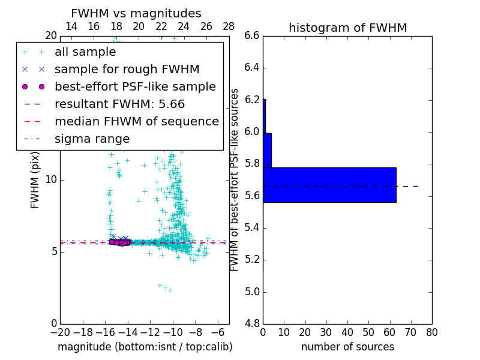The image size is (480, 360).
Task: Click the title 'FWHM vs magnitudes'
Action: click(136, 14)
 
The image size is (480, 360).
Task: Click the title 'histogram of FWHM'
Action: click(347, 28)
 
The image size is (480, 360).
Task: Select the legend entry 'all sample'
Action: click(85, 52)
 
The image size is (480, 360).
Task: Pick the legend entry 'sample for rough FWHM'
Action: click(127, 70)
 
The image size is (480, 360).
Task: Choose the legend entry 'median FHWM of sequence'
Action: click(136, 122)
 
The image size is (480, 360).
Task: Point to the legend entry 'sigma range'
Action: click(92, 139)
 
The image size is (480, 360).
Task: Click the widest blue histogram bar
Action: click(329, 185)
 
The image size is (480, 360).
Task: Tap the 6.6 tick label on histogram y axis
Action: click(251, 35)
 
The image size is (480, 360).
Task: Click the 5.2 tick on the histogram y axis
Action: click(251, 260)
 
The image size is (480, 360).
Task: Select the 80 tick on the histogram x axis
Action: click(432, 332)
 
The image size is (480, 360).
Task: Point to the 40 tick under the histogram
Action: click(347, 332)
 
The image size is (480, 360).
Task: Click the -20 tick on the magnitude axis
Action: click(60, 332)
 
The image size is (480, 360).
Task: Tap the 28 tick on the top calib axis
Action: click(229, 26)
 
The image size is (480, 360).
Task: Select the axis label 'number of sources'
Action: click(347, 347)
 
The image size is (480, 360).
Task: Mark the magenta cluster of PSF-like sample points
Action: click(119, 242)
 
